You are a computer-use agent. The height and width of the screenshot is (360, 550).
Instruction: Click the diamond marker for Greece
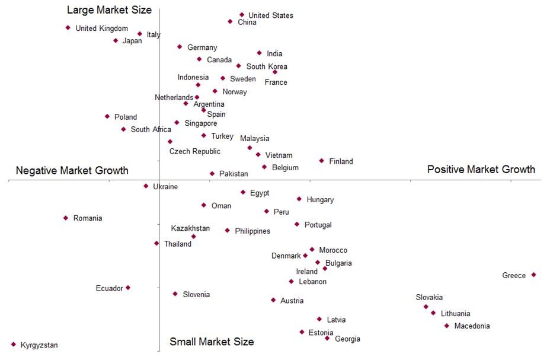(x=533, y=275)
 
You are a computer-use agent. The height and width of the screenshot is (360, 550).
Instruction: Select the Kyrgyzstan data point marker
(x=14, y=344)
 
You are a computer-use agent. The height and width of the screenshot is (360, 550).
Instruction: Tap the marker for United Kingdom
(x=68, y=27)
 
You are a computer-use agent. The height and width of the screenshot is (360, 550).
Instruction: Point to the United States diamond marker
(x=242, y=15)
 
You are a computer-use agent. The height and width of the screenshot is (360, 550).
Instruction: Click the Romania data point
(x=66, y=218)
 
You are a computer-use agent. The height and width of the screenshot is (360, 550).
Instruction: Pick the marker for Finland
(x=322, y=161)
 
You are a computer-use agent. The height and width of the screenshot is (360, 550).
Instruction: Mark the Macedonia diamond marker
(x=447, y=326)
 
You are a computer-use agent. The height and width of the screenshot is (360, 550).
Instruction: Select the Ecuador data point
(x=128, y=288)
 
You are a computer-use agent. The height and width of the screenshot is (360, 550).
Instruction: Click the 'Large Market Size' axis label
(x=109, y=10)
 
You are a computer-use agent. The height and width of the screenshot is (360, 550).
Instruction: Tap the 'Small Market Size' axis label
(x=212, y=342)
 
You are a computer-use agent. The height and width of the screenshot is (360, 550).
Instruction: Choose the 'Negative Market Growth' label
(x=72, y=171)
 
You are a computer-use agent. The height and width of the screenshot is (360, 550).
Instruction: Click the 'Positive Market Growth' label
(x=481, y=170)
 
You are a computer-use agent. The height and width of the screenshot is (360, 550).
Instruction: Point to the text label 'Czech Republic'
(x=194, y=151)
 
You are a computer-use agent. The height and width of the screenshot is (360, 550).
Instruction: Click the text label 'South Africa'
(x=151, y=129)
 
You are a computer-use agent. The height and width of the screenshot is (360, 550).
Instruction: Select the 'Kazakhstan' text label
(x=190, y=228)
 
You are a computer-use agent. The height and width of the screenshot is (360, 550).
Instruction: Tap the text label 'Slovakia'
(x=429, y=298)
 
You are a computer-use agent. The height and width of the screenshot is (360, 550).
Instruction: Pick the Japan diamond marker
(x=116, y=40)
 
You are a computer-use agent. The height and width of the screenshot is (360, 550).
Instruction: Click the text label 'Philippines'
(x=252, y=231)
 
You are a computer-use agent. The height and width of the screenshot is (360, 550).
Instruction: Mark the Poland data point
(x=107, y=116)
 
